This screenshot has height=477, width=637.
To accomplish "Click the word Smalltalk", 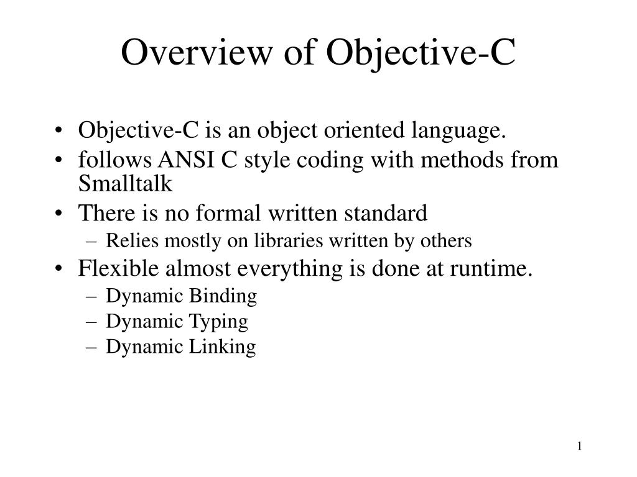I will tap(124, 184).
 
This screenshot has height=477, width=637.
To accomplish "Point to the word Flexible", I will tap(115, 270).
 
